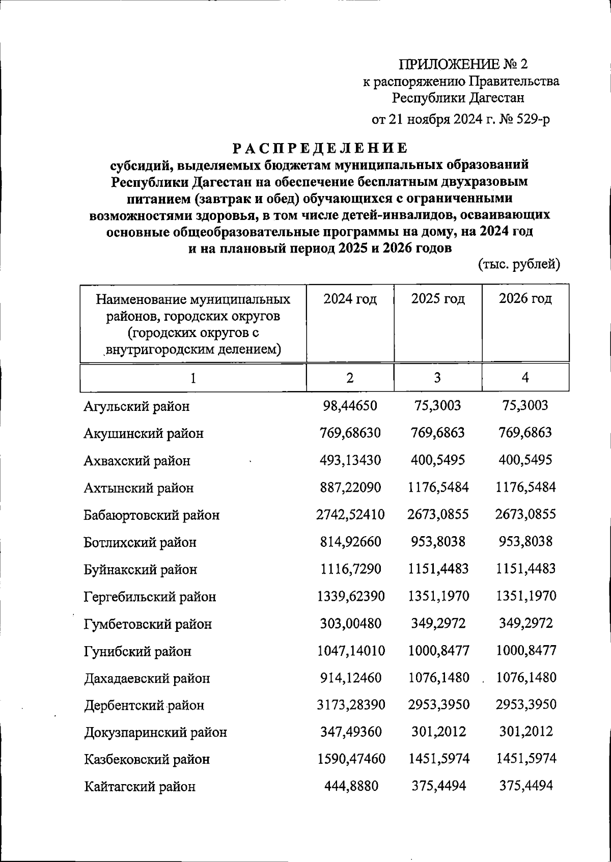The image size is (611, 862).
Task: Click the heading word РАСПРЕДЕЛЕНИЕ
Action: [320, 148]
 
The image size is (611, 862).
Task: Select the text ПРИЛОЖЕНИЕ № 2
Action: [463, 64]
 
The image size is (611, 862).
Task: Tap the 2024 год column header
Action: [350, 299]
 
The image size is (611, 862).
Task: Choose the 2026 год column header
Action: [525, 299]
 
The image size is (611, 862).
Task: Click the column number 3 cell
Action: [437, 378]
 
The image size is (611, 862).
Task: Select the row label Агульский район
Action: [136, 406]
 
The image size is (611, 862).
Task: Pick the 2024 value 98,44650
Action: [350, 406]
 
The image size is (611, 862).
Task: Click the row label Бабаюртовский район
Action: [151, 515]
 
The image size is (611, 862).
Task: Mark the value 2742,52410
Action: [350, 514]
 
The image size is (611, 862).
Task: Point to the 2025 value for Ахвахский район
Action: [438, 460]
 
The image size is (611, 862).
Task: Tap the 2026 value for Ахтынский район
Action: [525, 487]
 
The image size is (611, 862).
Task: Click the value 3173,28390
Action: [351, 705]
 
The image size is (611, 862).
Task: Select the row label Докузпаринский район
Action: [155, 733]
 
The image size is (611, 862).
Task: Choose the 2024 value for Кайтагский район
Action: [351, 787]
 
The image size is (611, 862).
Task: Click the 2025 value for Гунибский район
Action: [438, 651]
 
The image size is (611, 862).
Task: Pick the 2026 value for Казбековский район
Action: [526, 759]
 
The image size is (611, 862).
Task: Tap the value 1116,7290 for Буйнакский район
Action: [350, 569]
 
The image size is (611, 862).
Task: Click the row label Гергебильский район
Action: [150, 597]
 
